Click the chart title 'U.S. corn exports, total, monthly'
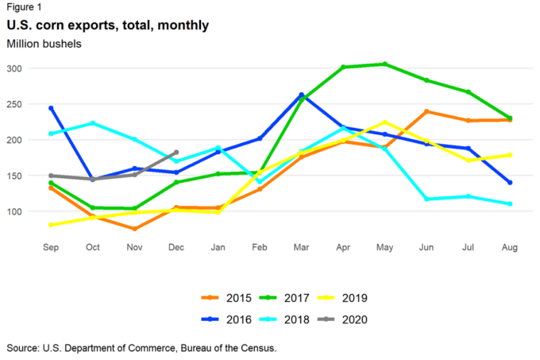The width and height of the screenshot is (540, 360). (x=107, y=25)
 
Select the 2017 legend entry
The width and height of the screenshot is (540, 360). (x=307, y=299)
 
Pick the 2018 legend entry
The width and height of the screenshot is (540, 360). (x=307, y=319)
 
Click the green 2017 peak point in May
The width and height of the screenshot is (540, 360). (x=385, y=64)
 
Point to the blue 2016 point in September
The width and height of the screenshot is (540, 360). (x=51, y=108)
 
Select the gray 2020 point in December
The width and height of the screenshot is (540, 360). (x=176, y=152)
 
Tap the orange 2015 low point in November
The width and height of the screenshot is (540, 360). (x=134, y=229)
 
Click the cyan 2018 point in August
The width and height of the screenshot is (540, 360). (x=510, y=204)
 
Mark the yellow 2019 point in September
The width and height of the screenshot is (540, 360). (x=51, y=225)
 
